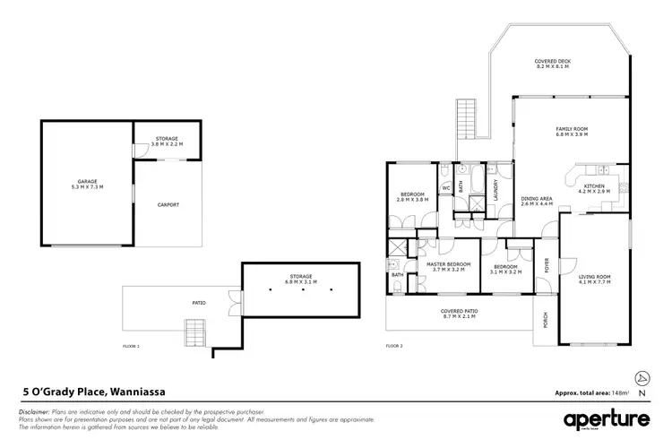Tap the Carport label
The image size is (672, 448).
click(x=168, y=205)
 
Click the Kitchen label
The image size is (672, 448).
click(x=593, y=188)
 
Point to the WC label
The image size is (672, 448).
click(x=445, y=188)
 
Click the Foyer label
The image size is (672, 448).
click(x=547, y=264)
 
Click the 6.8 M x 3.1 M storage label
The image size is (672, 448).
click(x=301, y=276)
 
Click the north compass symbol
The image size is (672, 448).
click(x=638, y=377)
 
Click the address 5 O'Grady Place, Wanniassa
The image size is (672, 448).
click(x=93, y=392)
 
